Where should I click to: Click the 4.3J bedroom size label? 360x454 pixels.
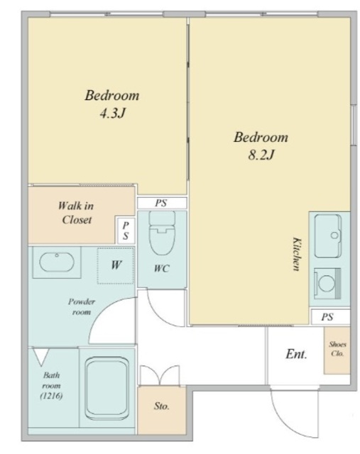pyautogui.click(x=112, y=113)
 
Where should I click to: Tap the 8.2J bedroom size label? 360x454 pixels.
pyautogui.click(x=261, y=155)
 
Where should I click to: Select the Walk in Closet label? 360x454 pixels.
pyautogui.click(x=77, y=213)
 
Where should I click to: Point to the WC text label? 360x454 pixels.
pyautogui.click(x=161, y=268)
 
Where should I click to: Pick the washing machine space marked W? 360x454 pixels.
pyautogui.click(x=116, y=265)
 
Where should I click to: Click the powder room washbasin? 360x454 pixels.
pyautogui.click(x=57, y=262)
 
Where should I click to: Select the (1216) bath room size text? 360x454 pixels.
pyautogui.click(x=51, y=396)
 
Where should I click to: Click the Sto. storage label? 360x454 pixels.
pyautogui.click(x=161, y=406)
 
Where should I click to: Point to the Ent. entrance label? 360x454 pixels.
pyautogui.click(x=296, y=354)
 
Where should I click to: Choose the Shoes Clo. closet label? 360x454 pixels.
pyautogui.click(x=337, y=349)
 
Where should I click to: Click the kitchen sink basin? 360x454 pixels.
pyautogui.click(x=328, y=236)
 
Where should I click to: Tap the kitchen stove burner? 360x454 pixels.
pyautogui.click(x=327, y=284)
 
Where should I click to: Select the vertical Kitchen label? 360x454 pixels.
pyautogui.click(x=296, y=254)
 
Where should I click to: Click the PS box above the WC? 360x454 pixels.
pyautogui.click(x=161, y=203)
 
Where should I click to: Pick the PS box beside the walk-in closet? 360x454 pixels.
pyautogui.click(x=125, y=231)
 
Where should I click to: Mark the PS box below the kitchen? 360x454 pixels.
pyautogui.click(x=330, y=317)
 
